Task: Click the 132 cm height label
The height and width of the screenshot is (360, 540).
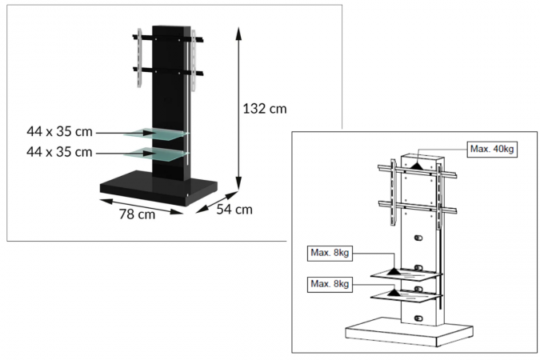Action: point(265,109)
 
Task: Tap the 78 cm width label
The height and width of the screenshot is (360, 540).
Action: point(137,214)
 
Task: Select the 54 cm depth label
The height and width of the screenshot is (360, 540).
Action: point(234,210)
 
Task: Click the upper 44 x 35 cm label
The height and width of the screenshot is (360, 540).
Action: point(59,131)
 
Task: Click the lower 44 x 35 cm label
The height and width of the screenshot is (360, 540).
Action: point(59,152)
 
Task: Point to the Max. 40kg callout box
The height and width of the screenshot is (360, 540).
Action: point(492,149)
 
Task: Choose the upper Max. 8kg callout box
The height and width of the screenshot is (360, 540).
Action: point(330,254)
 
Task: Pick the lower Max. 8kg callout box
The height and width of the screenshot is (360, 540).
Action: point(330,284)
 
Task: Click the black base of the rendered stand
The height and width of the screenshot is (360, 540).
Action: point(158,188)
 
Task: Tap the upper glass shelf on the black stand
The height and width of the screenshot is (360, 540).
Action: point(157,134)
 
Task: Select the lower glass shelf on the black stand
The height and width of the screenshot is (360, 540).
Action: point(157,154)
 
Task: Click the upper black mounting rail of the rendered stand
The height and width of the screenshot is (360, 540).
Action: point(168,38)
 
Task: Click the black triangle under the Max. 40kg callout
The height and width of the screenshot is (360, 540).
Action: point(417,166)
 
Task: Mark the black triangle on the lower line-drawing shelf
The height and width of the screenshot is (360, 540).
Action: point(394,293)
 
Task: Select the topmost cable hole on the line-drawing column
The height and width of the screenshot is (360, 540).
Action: point(418,238)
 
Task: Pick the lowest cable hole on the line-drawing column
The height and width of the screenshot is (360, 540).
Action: point(418,318)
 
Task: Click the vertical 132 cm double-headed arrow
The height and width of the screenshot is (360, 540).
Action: point(238,109)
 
